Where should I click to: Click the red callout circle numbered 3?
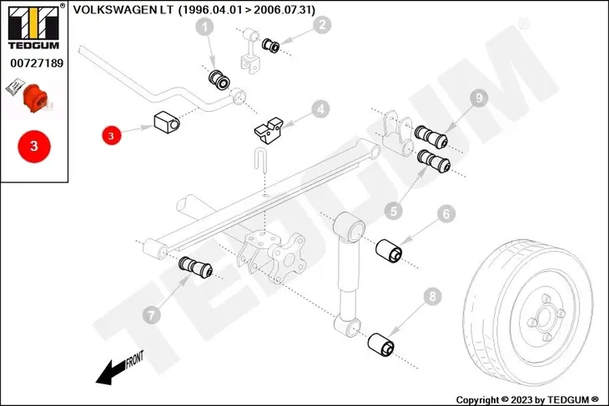click(112, 133)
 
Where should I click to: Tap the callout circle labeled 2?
click(321, 25)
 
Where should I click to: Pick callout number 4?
click(320, 108)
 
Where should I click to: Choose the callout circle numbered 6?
click(446, 214)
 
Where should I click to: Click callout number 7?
click(151, 315)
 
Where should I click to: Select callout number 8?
click(431, 295)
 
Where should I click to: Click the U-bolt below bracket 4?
click(261, 160)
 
